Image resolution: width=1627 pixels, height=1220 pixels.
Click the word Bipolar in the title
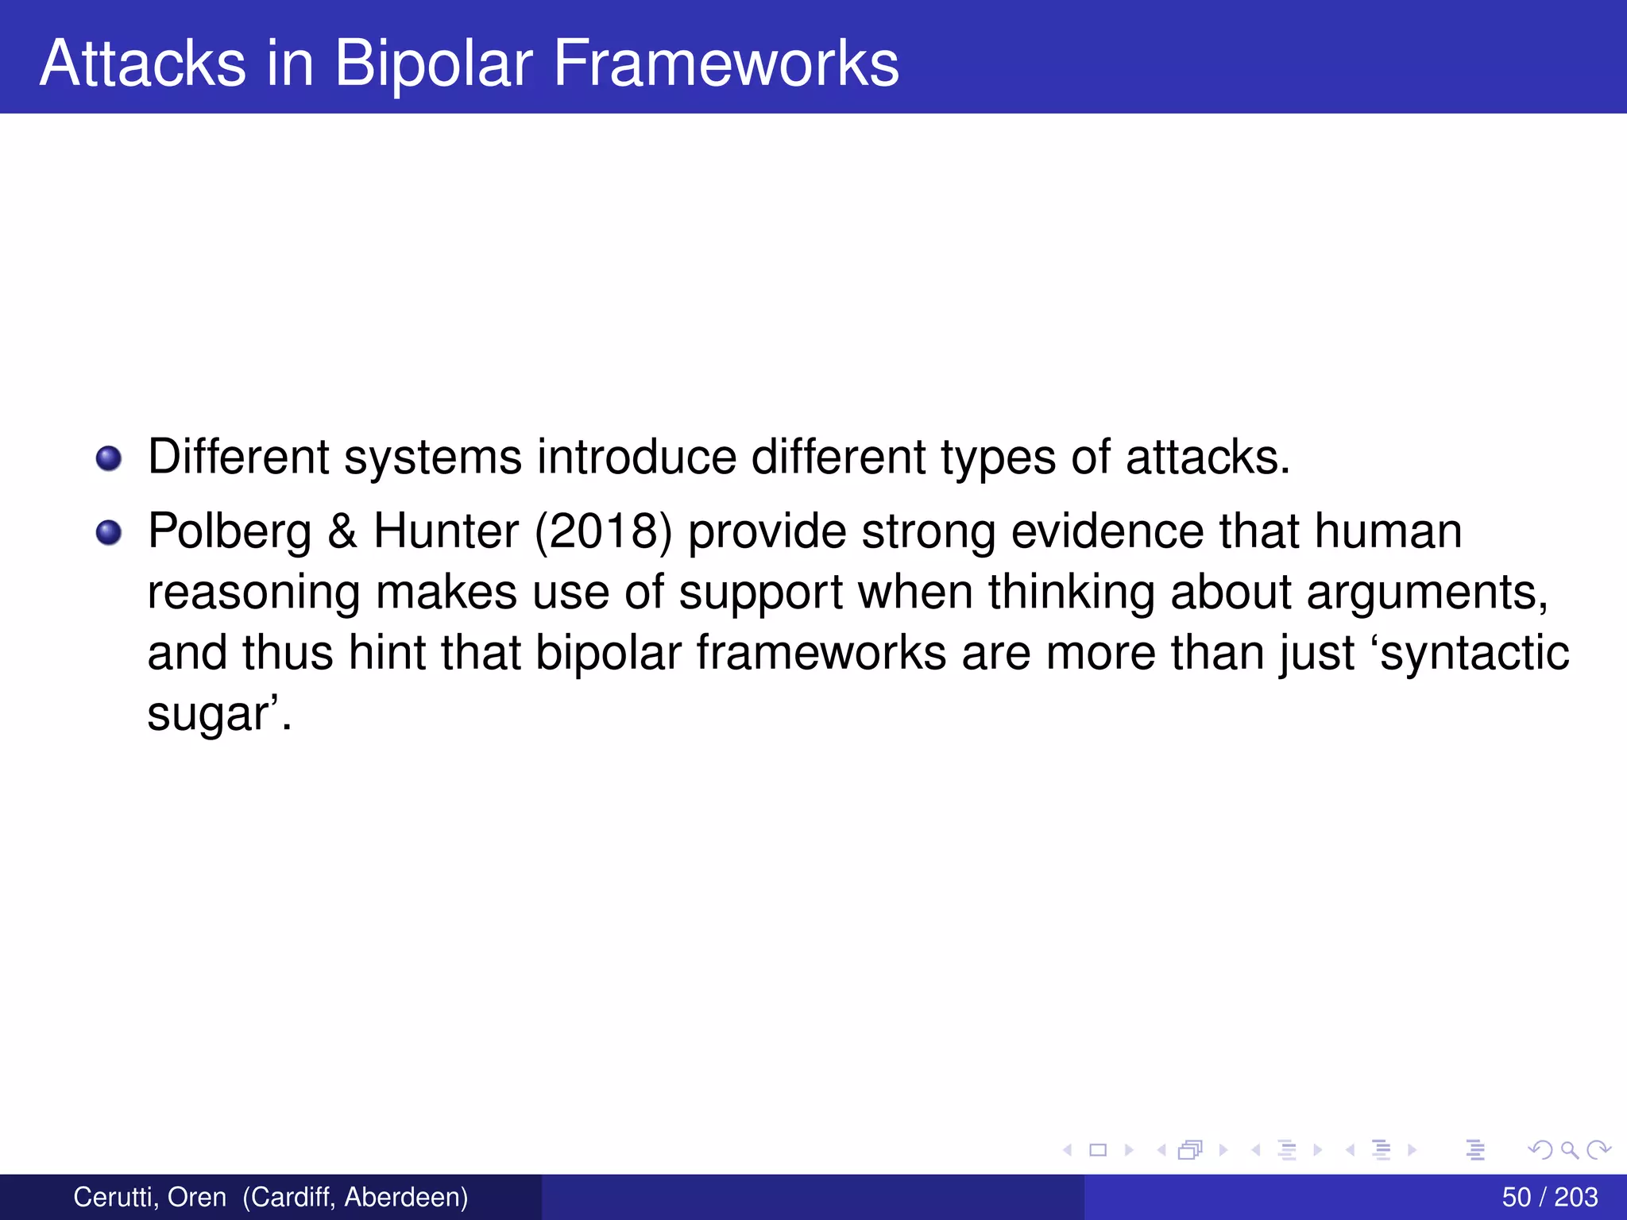tap(433, 64)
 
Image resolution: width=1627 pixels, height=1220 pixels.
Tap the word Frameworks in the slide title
tap(725, 64)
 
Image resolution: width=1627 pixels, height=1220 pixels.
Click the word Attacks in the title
tap(143, 64)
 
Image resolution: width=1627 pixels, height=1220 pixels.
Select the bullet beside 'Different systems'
tap(109, 458)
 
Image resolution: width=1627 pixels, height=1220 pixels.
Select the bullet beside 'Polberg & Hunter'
tap(109, 532)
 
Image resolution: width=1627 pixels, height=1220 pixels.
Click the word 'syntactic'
tap(1474, 653)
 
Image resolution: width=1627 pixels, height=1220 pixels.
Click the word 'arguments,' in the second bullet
tap(1427, 593)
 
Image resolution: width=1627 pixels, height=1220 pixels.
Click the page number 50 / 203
tap(1549, 1197)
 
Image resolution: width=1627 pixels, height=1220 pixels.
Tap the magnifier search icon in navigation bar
tap(1569, 1149)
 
